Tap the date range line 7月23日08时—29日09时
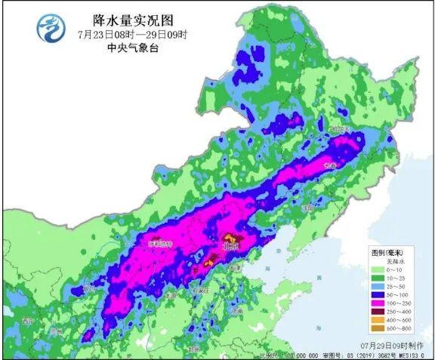121,35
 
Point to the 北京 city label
230,246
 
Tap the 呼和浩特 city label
160,244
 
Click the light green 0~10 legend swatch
378,269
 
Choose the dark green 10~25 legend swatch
378,278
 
